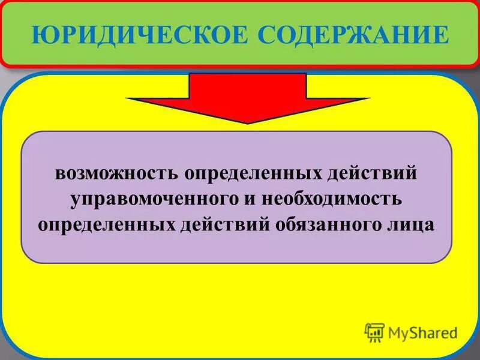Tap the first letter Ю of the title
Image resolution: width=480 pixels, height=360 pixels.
click(x=41, y=34)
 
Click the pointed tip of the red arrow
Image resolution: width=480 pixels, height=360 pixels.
click(x=247, y=122)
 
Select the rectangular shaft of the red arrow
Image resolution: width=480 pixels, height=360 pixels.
click(x=247, y=85)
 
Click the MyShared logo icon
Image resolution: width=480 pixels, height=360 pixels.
click(x=374, y=331)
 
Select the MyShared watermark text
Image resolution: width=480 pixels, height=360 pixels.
click(x=422, y=332)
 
